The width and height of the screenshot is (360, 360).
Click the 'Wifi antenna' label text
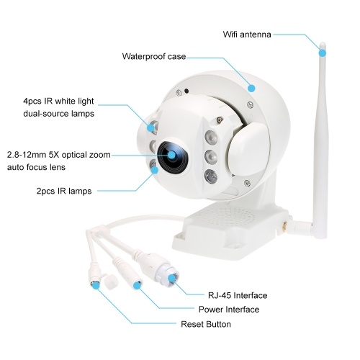coord(247,35)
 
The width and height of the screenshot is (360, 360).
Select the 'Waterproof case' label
coord(154,56)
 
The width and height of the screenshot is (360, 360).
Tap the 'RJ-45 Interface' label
coord(238,295)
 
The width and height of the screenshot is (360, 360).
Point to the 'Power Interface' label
coord(229,310)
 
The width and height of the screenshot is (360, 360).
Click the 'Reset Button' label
coord(206,324)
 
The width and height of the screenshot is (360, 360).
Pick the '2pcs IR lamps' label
coord(64,191)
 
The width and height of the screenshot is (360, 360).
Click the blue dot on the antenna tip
coord(323,53)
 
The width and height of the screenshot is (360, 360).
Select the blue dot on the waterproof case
coord(251,88)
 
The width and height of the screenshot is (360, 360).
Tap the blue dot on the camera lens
coord(171,155)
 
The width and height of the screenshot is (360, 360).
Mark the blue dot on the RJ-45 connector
coord(171,279)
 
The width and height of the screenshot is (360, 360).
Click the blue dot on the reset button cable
coord(96,285)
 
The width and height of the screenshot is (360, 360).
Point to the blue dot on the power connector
coord(137,286)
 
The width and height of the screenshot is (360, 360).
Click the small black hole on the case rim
coord(186,91)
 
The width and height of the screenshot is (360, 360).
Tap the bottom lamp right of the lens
coord(211,176)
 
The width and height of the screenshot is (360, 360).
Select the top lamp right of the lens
coord(211,138)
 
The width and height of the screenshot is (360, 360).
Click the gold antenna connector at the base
coord(284,226)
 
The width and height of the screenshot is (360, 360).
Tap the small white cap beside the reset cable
coord(111,282)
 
